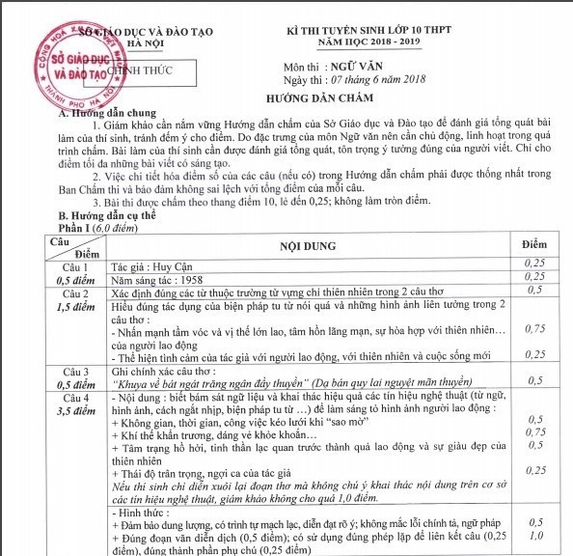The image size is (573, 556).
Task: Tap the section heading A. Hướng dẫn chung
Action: click(105, 113)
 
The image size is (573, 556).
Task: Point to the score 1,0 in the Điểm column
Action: click(535, 535)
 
